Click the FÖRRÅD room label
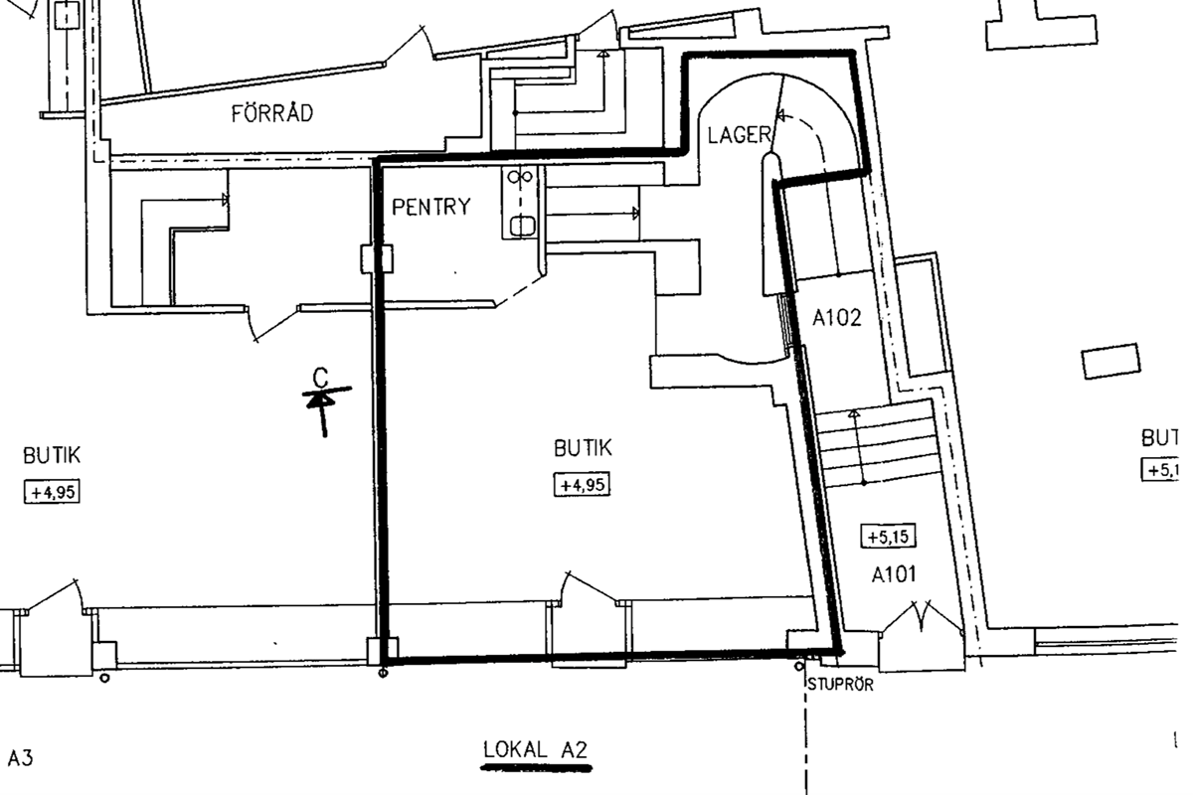(272, 113)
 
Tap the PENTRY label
(431, 207)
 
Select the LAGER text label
(740, 135)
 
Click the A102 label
(837, 318)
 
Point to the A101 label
(894, 574)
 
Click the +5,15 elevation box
(889, 537)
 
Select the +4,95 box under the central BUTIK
(583, 485)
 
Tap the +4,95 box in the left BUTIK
(52, 492)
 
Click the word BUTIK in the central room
(583, 448)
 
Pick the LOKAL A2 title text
(535, 749)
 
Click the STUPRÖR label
(840, 685)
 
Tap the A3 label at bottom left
(20, 757)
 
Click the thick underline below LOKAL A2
(536, 768)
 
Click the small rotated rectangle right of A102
(1111, 361)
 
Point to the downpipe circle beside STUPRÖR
(799, 666)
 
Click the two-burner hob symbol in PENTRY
(520, 176)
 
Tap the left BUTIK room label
(52, 456)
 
